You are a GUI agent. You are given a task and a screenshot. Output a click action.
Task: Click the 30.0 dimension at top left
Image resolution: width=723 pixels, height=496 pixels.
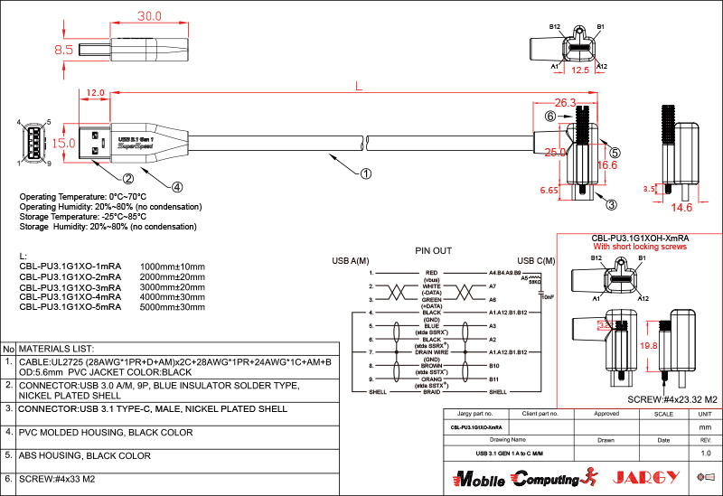tap(149, 16)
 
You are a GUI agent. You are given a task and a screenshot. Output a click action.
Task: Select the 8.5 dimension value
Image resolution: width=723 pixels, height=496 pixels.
tap(63, 51)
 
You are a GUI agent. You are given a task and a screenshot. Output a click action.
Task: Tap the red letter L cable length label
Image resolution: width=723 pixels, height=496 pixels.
tap(359, 87)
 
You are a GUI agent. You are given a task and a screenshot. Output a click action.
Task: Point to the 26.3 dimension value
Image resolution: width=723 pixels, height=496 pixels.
tap(565, 102)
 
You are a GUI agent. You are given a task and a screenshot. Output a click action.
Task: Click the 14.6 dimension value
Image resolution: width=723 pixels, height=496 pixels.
tap(681, 208)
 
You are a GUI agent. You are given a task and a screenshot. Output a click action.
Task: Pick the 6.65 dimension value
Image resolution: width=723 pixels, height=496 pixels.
tap(548, 191)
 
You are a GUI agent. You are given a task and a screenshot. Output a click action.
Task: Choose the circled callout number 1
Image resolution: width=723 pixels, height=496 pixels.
tap(366, 172)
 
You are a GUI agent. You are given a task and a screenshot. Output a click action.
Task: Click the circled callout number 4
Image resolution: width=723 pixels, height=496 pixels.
tap(177, 187)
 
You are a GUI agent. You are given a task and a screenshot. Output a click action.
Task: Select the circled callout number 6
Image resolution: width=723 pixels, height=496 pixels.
tap(549, 117)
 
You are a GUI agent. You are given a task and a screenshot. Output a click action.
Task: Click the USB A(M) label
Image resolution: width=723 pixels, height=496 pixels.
tap(351, 260)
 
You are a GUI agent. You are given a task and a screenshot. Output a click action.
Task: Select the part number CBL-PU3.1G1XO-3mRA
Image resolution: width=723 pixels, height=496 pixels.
tap(70, 286)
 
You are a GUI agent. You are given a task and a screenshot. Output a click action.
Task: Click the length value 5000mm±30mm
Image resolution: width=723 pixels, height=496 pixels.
tap(173, 307)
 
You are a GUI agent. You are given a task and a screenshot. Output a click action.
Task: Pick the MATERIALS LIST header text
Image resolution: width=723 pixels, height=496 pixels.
tap(56, 348)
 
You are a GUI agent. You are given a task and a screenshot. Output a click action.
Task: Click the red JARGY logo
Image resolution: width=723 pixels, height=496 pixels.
tap(643, 477)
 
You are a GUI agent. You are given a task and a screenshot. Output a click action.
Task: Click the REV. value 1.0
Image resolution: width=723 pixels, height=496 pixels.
tap(706, 452)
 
